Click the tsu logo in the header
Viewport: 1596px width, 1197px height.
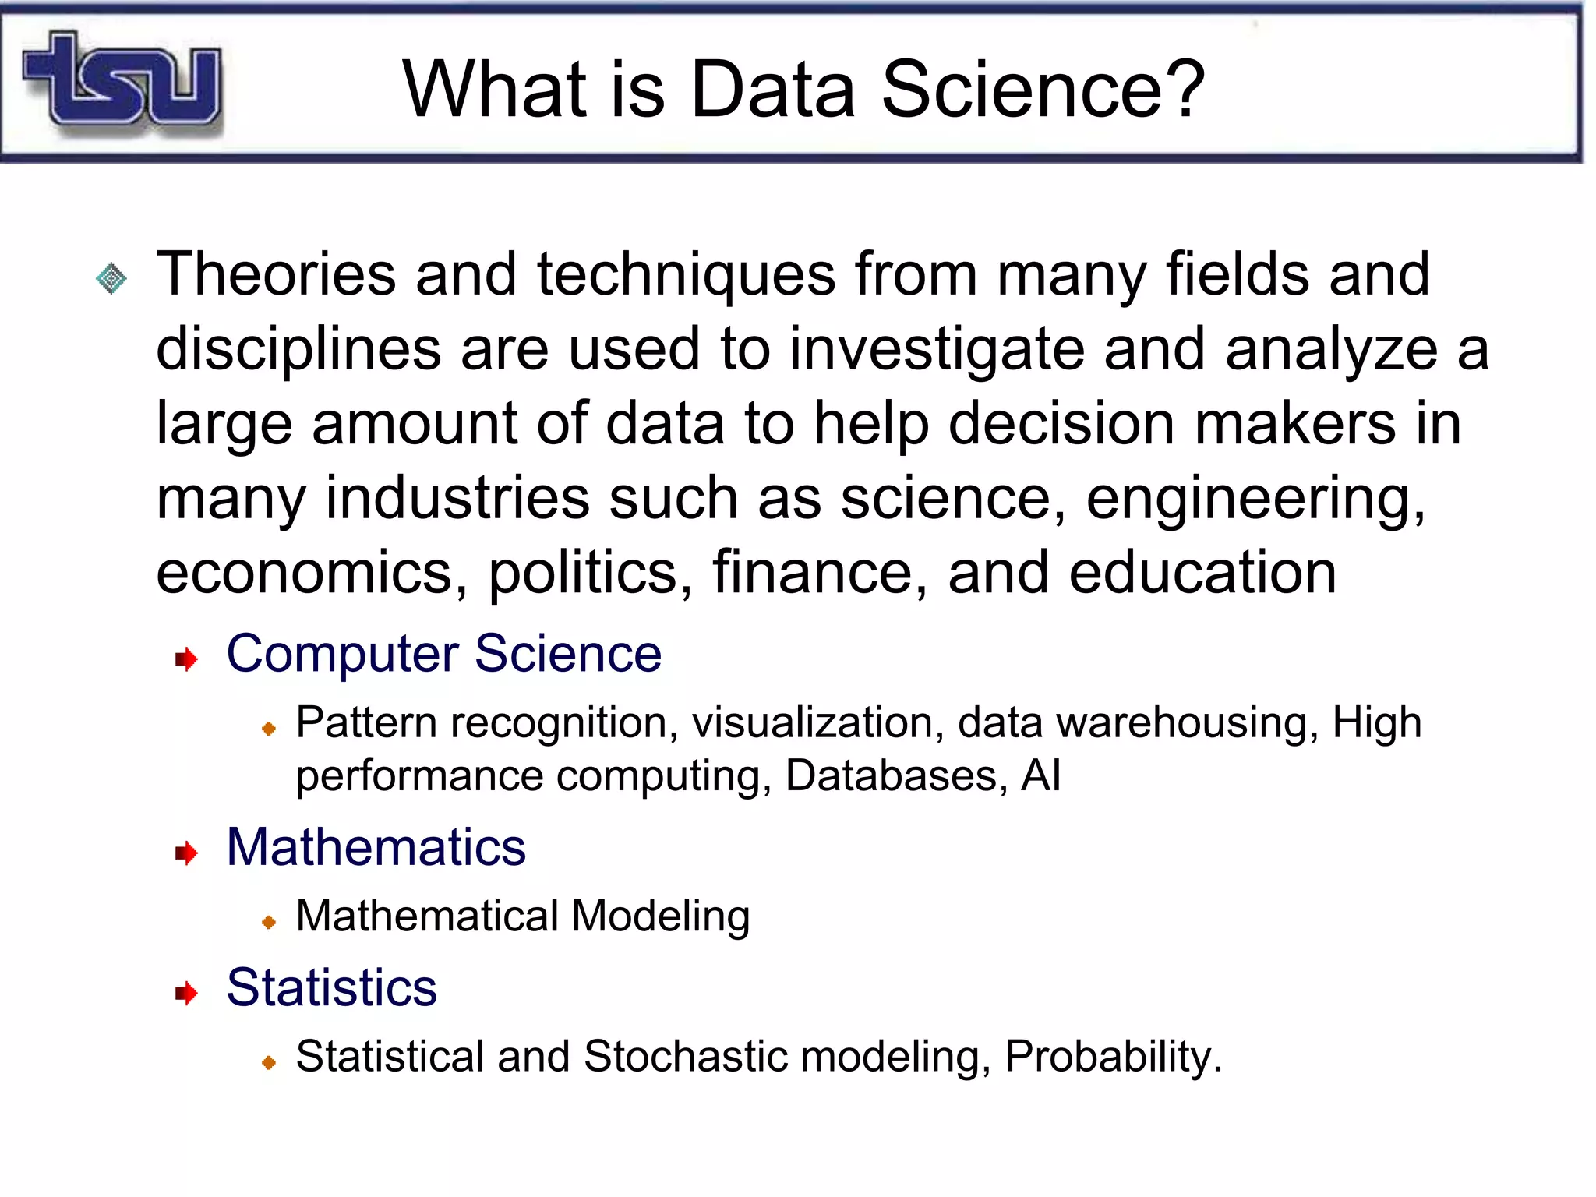pos(123,80)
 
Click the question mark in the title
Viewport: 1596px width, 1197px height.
pos(1182,90)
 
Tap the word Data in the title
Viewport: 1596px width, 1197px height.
pos(772,90)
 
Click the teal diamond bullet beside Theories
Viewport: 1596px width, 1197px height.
pos(111,278)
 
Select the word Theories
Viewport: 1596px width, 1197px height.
pos(276,274)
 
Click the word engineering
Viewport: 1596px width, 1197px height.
pos(1255,499)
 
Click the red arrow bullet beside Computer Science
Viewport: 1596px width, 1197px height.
pos(186,659)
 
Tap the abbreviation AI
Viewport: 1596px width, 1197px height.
pos(1041,775)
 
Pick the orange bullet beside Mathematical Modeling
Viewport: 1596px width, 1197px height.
pos(269,922)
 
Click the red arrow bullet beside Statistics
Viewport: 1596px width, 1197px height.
pos(186,993)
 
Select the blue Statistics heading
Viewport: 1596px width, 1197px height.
pos(331,987)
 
